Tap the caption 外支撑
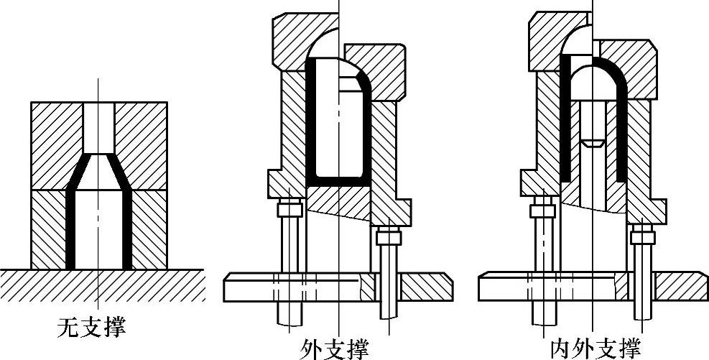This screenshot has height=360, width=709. tap(335, 350)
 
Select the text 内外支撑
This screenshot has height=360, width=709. tap(596, 349)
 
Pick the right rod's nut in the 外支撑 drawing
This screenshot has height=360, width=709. tap(389, 235)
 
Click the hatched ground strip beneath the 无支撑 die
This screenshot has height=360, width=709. tap(101, 285)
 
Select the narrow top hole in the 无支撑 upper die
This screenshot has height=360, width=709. tap(98, 126)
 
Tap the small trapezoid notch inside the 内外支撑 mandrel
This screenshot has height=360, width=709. tap(592, 143)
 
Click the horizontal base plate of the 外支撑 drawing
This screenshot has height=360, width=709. tap(338, 287)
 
